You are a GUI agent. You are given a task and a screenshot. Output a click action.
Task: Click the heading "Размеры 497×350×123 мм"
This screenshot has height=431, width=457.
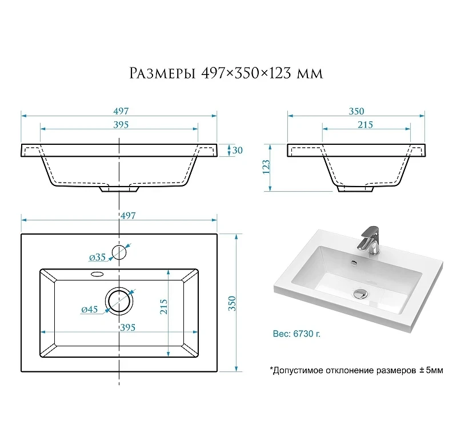pos(226,73)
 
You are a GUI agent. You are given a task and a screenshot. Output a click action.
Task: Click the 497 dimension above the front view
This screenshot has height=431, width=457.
pos(121,111)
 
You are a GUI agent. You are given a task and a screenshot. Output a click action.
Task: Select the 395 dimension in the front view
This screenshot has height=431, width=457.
pos(121,125)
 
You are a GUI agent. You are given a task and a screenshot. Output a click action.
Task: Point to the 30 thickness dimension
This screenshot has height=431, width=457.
pos(238,150)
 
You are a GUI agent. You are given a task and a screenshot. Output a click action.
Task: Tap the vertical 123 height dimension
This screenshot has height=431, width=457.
pos(266,167)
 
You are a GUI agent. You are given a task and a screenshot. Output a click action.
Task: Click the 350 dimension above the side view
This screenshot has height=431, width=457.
pos(356,111)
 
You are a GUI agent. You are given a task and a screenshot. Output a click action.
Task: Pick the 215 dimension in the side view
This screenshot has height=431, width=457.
pos(365,125)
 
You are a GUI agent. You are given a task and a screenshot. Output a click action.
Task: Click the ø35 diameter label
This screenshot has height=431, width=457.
pos(97,257)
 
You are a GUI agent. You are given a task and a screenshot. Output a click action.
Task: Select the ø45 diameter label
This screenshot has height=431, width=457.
pos(90,309)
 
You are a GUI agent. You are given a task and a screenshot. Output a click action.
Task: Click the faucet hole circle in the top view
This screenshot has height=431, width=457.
pos(119,246)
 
